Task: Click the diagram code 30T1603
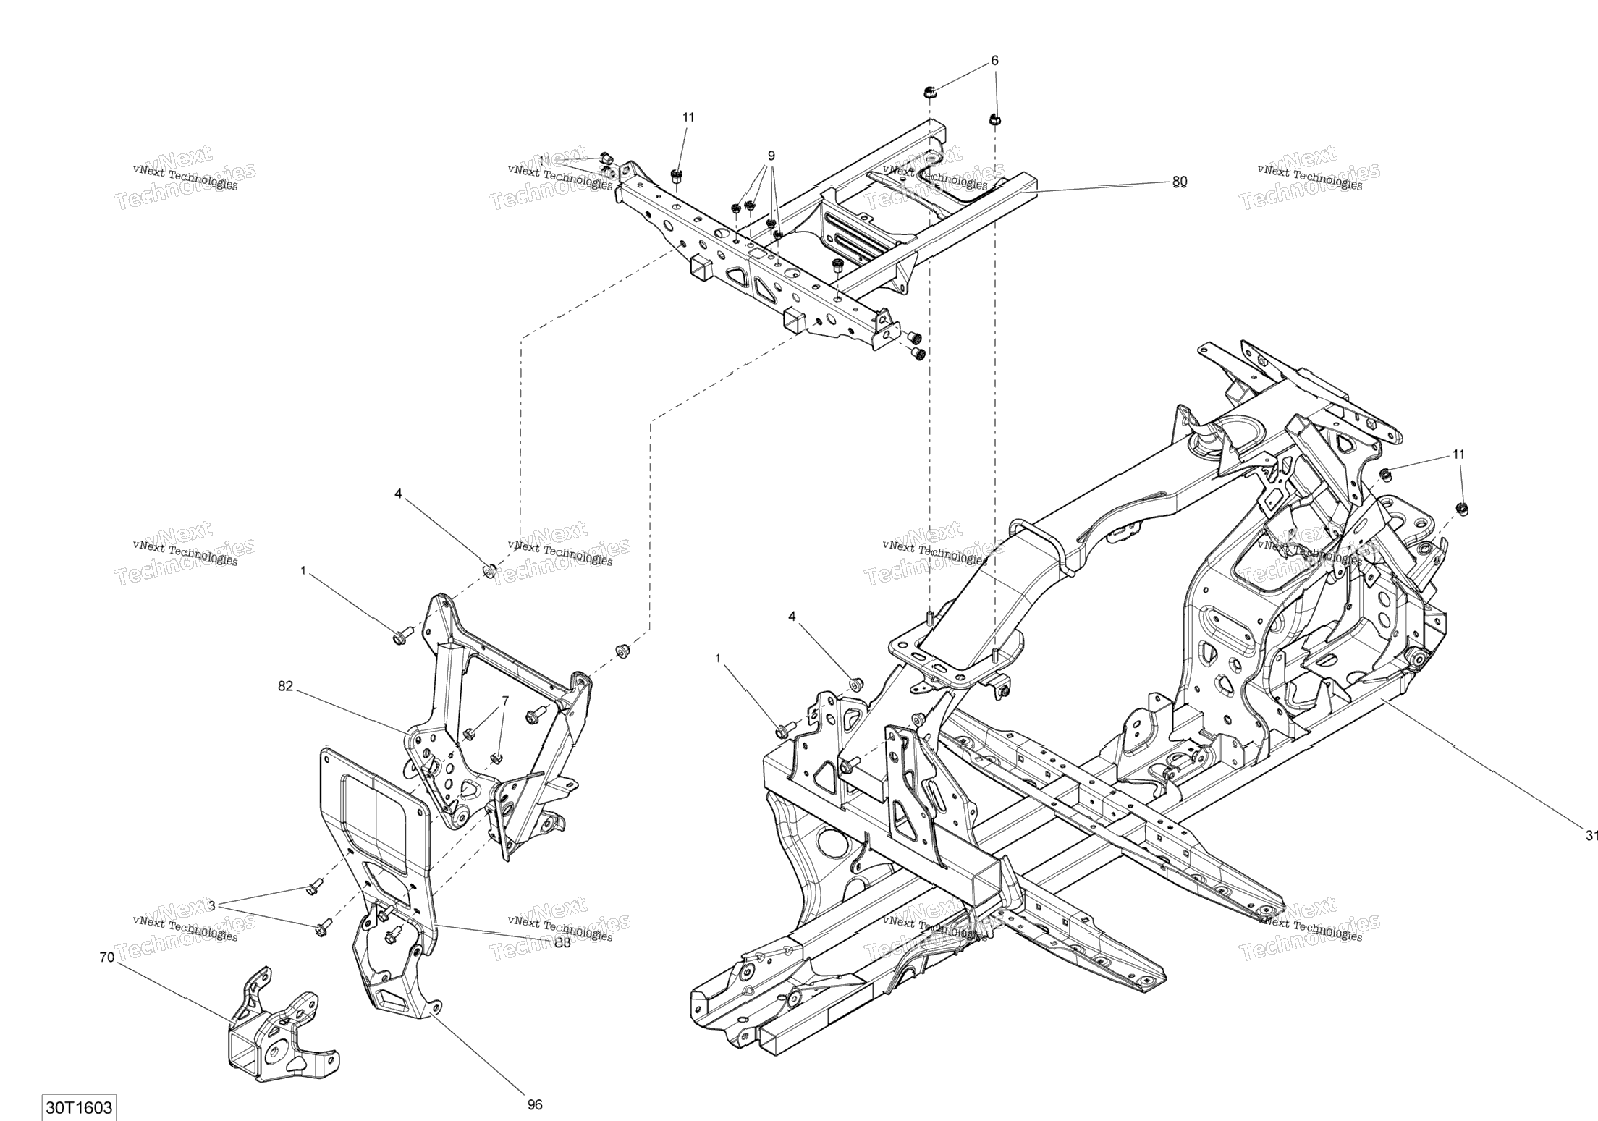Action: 79,1108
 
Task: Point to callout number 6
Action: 994,61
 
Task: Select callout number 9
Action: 771,155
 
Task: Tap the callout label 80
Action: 1180,181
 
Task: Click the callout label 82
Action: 285,686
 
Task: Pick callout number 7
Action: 505,701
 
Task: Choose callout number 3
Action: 211,905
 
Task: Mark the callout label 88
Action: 562,942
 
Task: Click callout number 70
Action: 106,957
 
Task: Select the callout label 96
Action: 534,1105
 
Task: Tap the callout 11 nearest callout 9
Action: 688,117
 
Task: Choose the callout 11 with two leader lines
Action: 1458,454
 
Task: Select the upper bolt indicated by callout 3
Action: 313,886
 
